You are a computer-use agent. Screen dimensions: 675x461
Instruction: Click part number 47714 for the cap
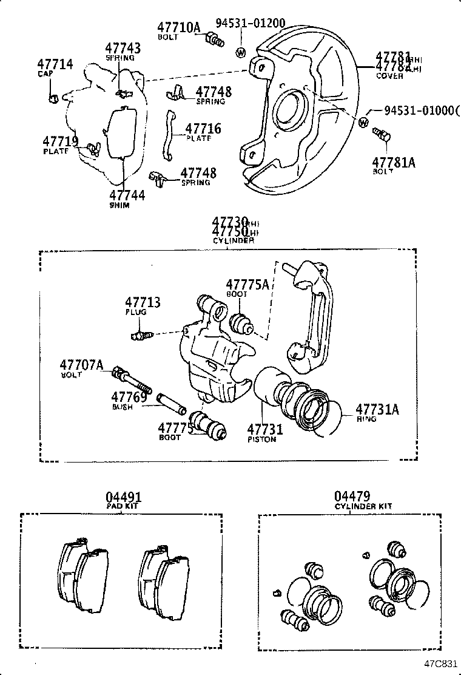[55, 64]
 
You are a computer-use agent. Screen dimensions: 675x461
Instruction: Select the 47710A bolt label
[178, 27]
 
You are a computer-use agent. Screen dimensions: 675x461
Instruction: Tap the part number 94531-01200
[251, 24]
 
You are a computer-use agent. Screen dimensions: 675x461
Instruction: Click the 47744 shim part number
[127, 195]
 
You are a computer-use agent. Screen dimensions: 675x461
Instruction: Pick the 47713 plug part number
[143, 302]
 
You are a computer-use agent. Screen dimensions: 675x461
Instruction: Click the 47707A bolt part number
[82, 365]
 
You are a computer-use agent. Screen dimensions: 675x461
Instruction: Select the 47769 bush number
[129, 397]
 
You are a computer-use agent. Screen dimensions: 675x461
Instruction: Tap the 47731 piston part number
[265, 429]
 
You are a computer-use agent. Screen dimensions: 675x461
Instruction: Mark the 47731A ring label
[377, 409]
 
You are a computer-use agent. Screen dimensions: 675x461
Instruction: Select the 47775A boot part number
[247, 284]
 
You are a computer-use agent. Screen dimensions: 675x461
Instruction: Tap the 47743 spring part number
[123, 49]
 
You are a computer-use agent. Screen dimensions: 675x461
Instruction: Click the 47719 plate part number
[61, 141]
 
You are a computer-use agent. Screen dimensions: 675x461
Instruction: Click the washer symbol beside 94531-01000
[363, 123]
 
